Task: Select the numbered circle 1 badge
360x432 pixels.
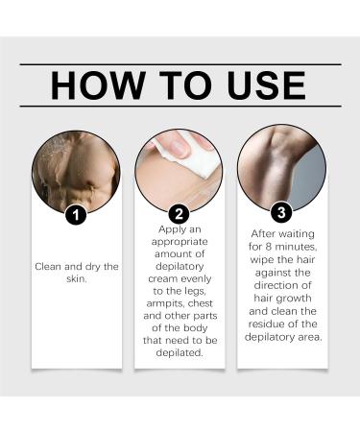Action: point(76,214)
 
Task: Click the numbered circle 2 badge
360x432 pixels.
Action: point(180,214)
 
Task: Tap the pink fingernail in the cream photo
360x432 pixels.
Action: point(180,148)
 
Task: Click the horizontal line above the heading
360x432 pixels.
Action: point(180,64)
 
